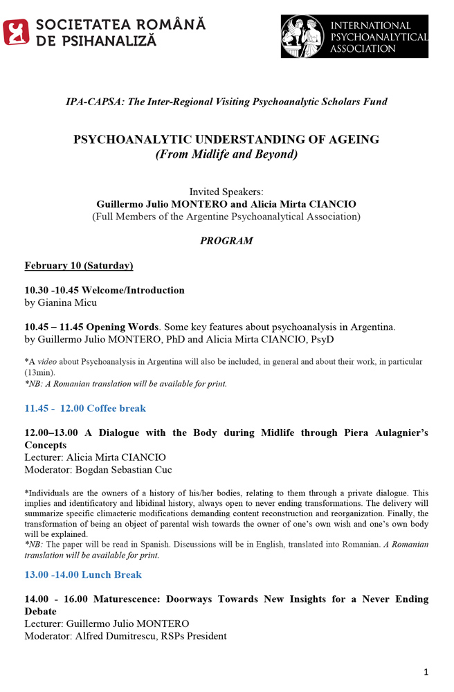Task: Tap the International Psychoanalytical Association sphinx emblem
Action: (302, 37)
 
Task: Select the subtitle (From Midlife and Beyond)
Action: (226, 154)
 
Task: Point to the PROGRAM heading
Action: (226, 241)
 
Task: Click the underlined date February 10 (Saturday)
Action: (79, 266)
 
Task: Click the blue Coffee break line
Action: (85, 408)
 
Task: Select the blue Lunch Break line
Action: (83, 574)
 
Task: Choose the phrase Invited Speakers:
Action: (226, 192)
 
